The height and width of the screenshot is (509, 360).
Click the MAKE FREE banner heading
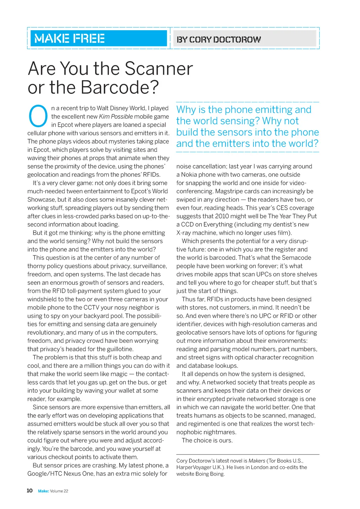click(70, 38)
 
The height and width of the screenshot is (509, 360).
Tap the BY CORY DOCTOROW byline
click(219, 39)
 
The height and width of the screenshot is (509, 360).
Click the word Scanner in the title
click(159, 68)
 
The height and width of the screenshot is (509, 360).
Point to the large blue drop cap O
click(38, 116)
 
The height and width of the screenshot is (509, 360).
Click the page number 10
click(30, 490)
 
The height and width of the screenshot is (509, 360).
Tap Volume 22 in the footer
click(59, 491)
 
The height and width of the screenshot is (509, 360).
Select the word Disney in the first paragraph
click(117, 108)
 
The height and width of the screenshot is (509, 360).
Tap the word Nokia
click(190, 175)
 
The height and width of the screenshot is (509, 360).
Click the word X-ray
click(185, 233)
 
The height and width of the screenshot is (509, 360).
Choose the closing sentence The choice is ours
click(207, 441)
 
